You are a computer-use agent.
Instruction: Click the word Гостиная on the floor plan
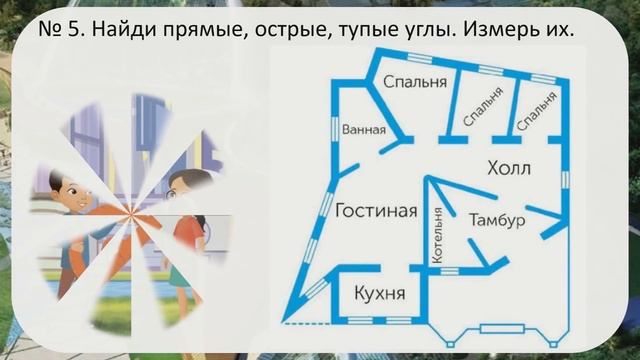click(x=376, y=211)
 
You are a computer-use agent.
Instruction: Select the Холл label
click(x=509, y=166)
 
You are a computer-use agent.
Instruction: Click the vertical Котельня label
click(x=437, y=234)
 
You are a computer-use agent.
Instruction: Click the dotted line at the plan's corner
click(x=297, y=322)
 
